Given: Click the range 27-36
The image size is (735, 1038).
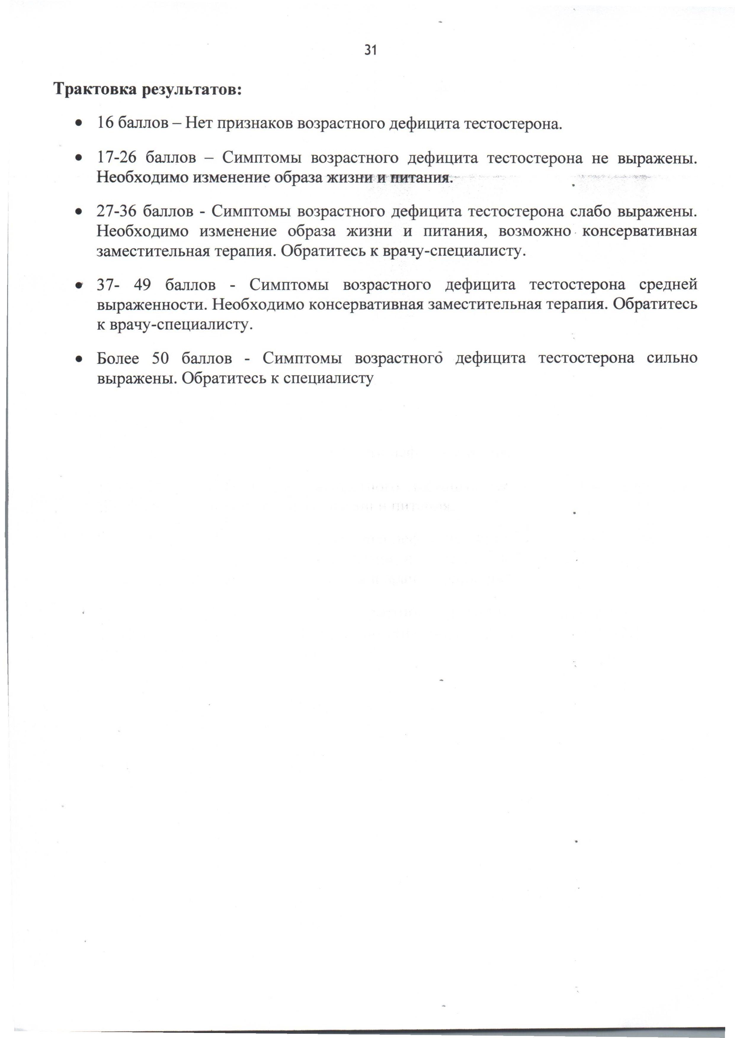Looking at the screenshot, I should tap(116, 211).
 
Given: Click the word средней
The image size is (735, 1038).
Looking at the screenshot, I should tap(668, 285).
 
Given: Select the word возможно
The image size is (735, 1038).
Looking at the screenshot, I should tap(534, 231).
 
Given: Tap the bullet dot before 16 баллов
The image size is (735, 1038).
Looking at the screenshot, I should tap(79, 123).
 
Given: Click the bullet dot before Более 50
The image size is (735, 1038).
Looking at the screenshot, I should tap(79, 359).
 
